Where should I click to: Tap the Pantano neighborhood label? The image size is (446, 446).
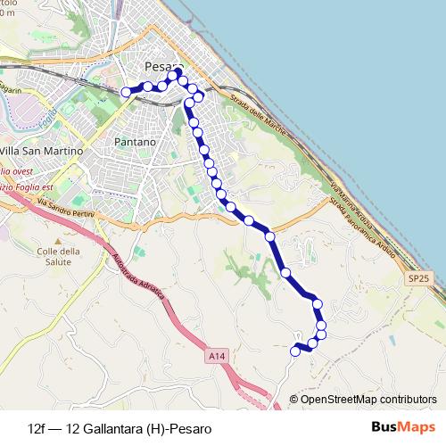pos(136,142)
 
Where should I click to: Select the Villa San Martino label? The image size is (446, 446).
pos(43,151)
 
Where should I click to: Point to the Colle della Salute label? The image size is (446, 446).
pos(60,257)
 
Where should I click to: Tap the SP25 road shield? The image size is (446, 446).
pos(419,279)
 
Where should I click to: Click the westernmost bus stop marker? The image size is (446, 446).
pos(126,91)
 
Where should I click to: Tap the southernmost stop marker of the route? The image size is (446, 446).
pos(295,351)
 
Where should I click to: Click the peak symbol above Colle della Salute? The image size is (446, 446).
pos(59,241)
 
